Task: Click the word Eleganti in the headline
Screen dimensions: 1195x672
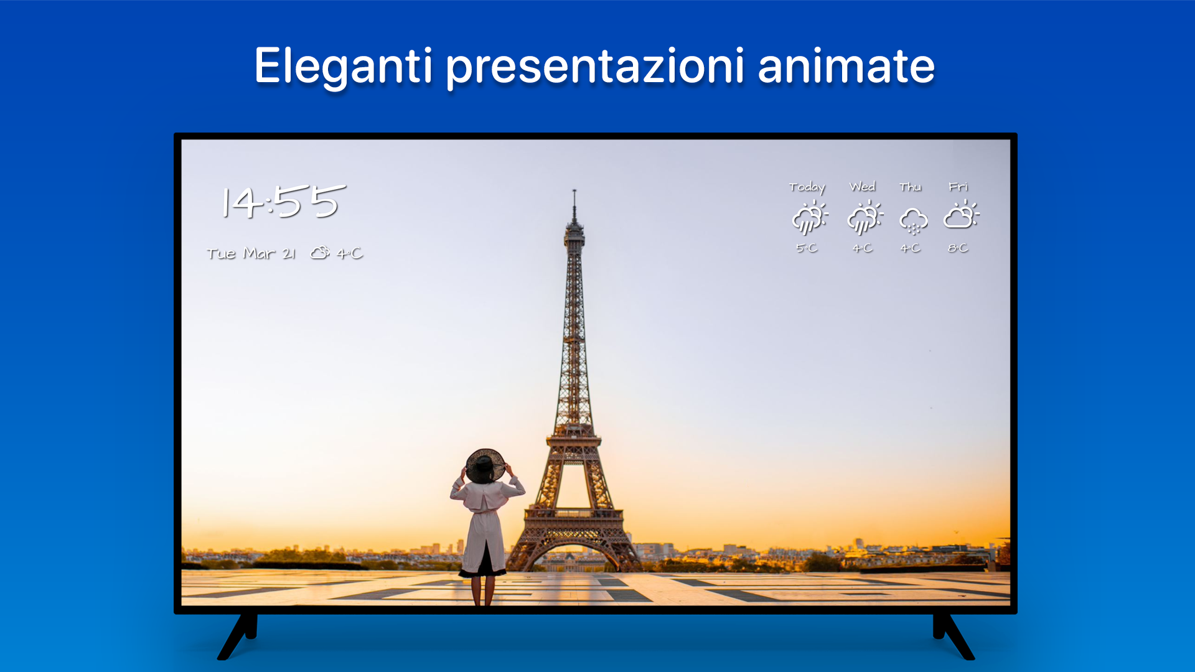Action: coord(343,67)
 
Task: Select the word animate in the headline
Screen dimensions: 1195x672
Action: coord(846,66)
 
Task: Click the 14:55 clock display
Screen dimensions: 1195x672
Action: coord(284,201)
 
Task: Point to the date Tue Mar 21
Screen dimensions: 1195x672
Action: coord(251,253)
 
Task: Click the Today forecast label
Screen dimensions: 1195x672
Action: coord(807,187)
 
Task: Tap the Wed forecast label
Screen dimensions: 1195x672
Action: coord(863,187)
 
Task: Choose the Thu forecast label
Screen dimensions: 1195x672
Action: coord(910,187)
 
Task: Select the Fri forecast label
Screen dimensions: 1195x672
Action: coord(958,187)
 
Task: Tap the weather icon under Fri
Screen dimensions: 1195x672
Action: coord(962,215)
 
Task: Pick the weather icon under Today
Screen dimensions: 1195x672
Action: coord(810,217)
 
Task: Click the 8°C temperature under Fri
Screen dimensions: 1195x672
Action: coord(958,248)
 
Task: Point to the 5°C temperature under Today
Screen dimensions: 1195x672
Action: coord(807,248)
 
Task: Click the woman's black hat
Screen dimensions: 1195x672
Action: coord(485,465)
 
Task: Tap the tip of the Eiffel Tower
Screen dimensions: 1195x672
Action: coord(574,190)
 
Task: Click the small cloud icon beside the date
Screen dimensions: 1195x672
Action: coord(320,253)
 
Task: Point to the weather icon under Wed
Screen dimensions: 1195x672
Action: coord(865,217)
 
